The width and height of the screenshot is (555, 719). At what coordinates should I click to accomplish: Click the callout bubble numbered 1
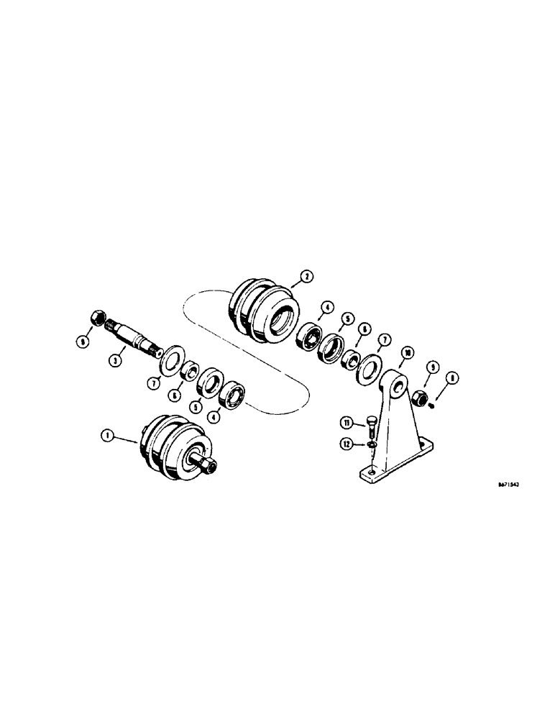point(107,434)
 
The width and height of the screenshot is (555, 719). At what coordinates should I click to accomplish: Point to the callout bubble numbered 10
point(408,353)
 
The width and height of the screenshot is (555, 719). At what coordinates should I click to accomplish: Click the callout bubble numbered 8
point(451,376)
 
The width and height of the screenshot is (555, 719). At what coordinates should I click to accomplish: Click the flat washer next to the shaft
point(170,358)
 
